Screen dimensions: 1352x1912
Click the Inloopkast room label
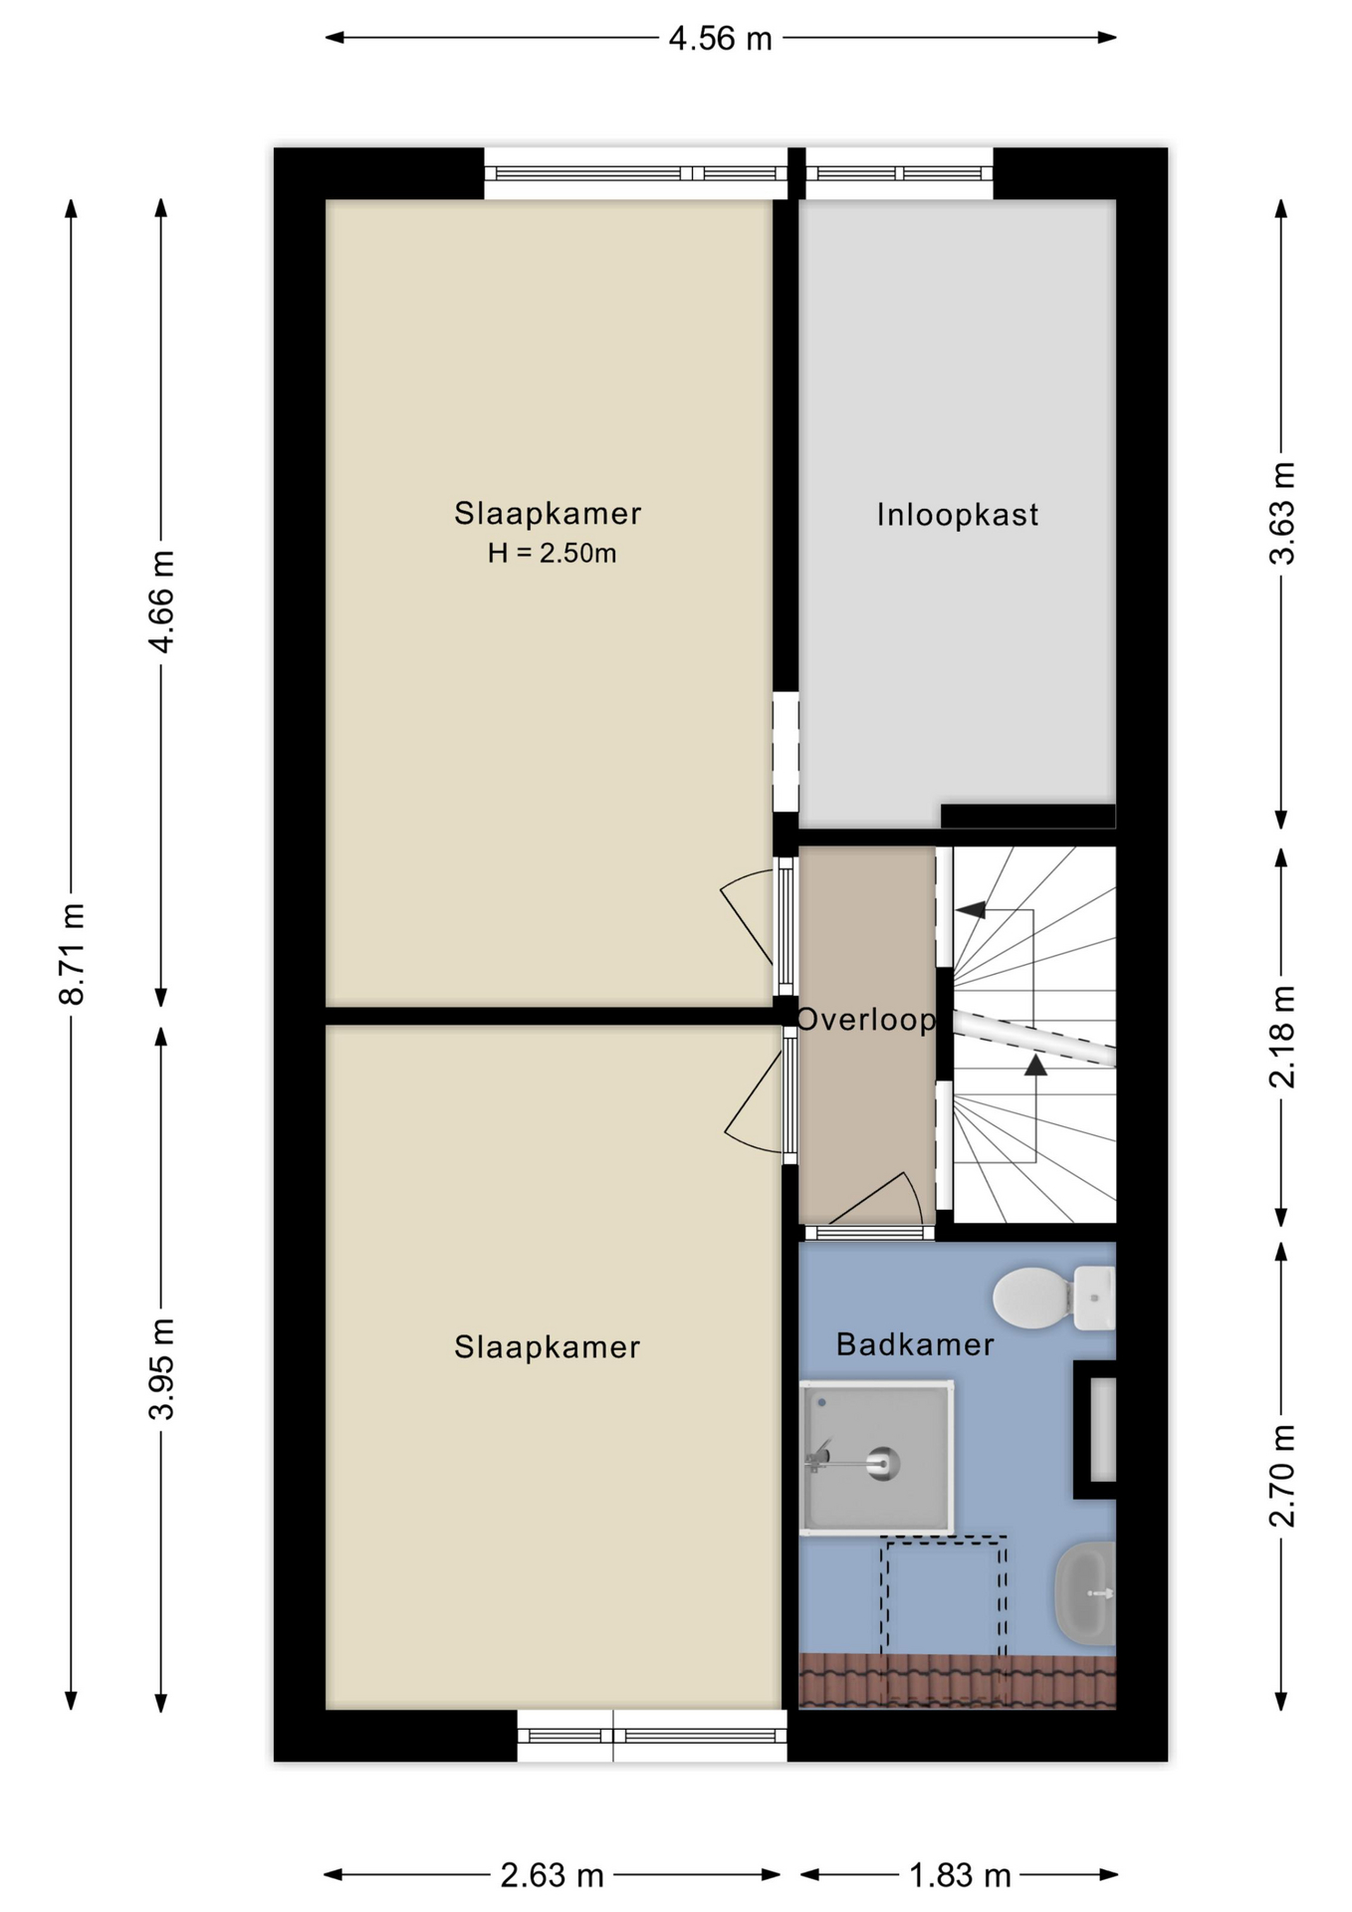[x=957, y=515]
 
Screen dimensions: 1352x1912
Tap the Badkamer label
[x=915, y=1344]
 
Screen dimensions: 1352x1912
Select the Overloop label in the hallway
[x=866, y=1019]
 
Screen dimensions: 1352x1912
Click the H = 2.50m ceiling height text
[x=552, y=553]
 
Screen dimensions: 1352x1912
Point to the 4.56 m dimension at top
[x=720, y=38]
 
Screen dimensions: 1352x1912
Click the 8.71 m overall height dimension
[x=72, y=954]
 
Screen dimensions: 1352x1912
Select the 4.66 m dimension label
[x=161, y=601]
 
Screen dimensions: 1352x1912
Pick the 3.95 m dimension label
[x=161, y=1367]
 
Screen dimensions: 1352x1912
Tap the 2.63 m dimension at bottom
[x=552, y=1875]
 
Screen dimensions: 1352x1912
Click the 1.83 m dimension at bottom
[x=960, y=1875]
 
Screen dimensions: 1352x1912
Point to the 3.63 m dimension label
[x=1282, y=514]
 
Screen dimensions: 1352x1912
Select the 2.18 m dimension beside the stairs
[x=1282, y=1037]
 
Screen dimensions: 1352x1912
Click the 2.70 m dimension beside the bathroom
[x=1282, y=1476]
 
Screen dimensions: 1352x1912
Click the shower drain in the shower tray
[x=883, y=1464]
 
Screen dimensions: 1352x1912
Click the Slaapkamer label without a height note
[x=547, y=1346]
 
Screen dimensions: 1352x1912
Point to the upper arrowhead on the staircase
[x=971, y=908]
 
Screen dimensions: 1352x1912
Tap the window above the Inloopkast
[x=899, y=173]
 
